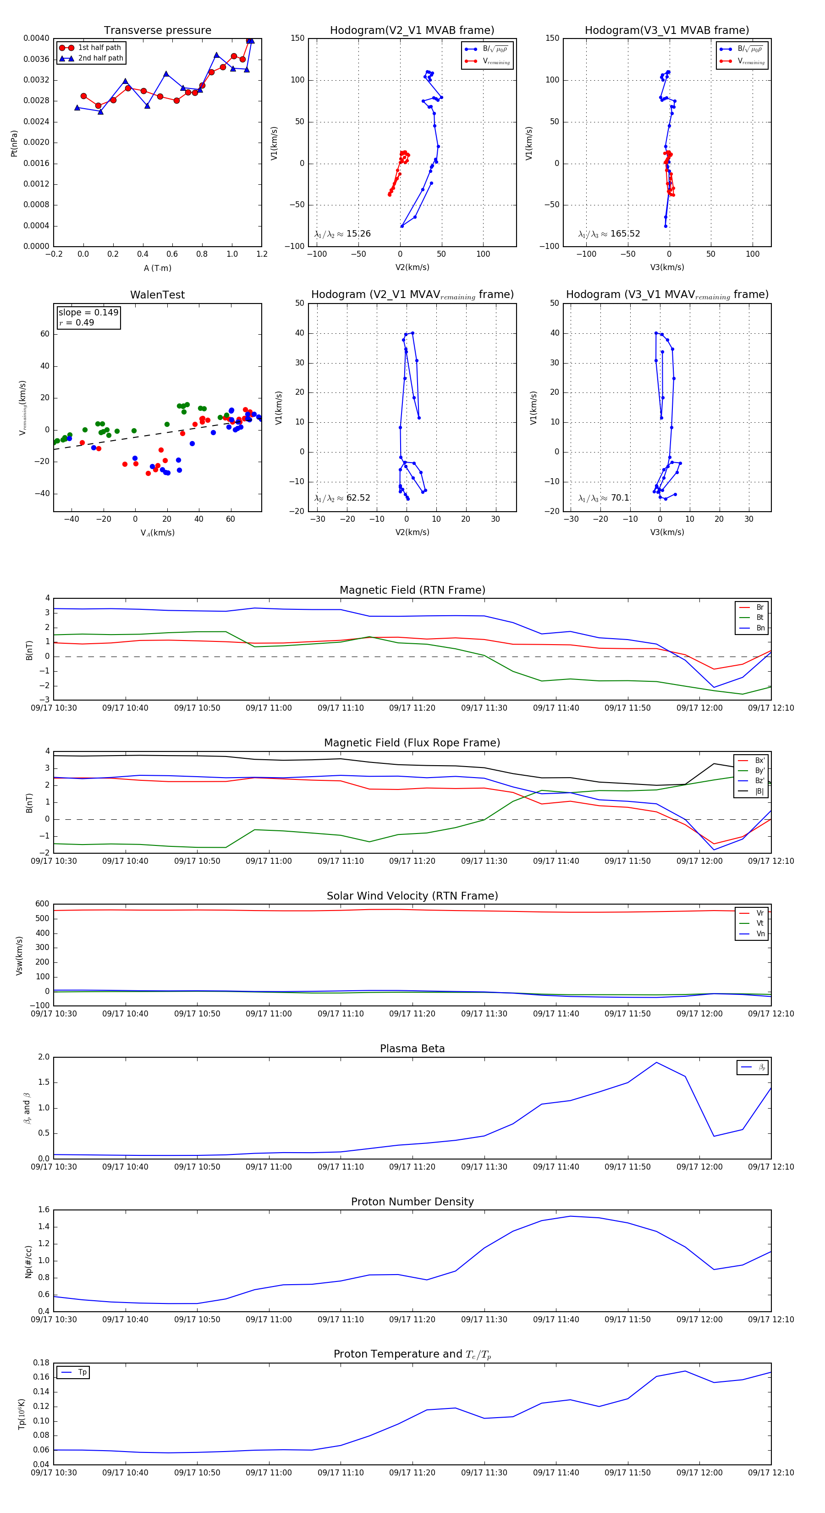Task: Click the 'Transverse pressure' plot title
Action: coord(157,31)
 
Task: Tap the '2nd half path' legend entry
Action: coord(100,58)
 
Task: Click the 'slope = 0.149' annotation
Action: coord(88,313)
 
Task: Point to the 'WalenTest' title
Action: coord(157,295)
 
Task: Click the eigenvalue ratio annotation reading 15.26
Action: coord(342,234)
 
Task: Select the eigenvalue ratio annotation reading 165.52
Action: coord(609,234)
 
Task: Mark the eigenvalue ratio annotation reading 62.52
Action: coord(342,498)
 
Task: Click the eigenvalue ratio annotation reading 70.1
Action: coord(604,498)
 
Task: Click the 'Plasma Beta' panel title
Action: coord(412,1049)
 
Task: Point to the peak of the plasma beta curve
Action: coord(656,1062)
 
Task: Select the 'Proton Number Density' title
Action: coord(412,1202)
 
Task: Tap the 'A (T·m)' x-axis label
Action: coord(157,268)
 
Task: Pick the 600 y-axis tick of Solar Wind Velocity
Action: coord(42,904)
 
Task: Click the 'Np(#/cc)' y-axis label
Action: coord(28,1262)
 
